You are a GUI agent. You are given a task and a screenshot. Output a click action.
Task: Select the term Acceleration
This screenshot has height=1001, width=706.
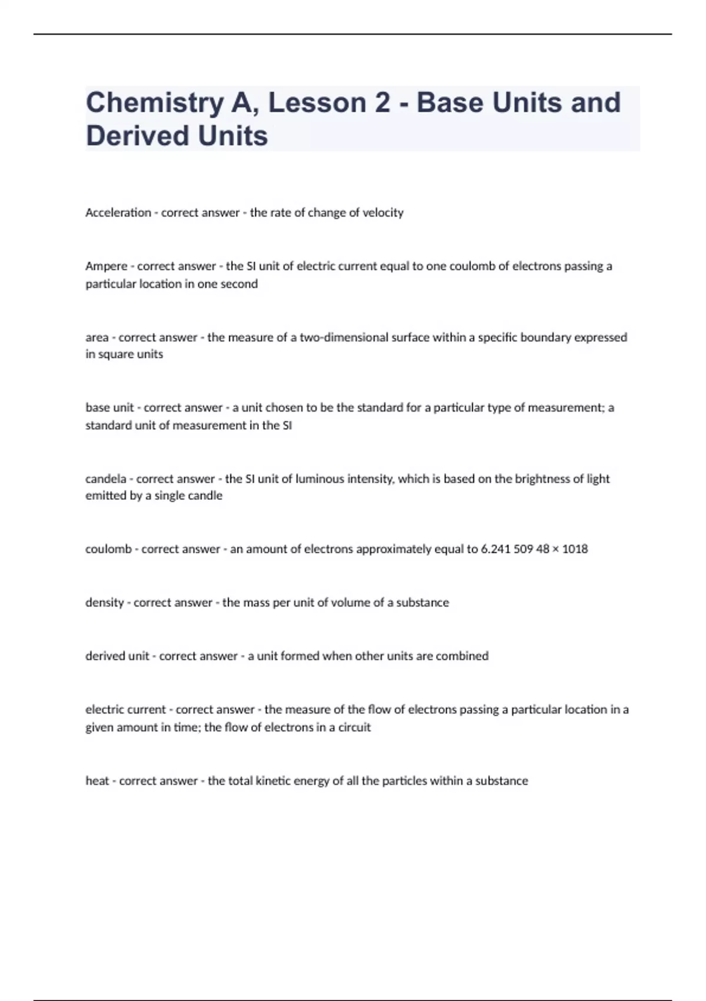click(118, 213)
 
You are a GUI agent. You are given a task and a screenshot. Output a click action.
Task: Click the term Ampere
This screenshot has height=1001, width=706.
click(106, 266)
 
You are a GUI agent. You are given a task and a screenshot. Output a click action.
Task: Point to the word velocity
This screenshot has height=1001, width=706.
click(383, 213)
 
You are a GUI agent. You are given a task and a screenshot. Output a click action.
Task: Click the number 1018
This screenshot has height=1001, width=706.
click(575, 549)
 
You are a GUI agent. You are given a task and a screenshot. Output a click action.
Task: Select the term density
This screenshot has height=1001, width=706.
click(105, 602)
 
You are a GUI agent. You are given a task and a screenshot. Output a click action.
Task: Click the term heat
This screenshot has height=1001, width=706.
click(97, 781)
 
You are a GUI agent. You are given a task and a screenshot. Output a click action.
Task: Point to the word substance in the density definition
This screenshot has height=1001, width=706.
click(422, 602)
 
